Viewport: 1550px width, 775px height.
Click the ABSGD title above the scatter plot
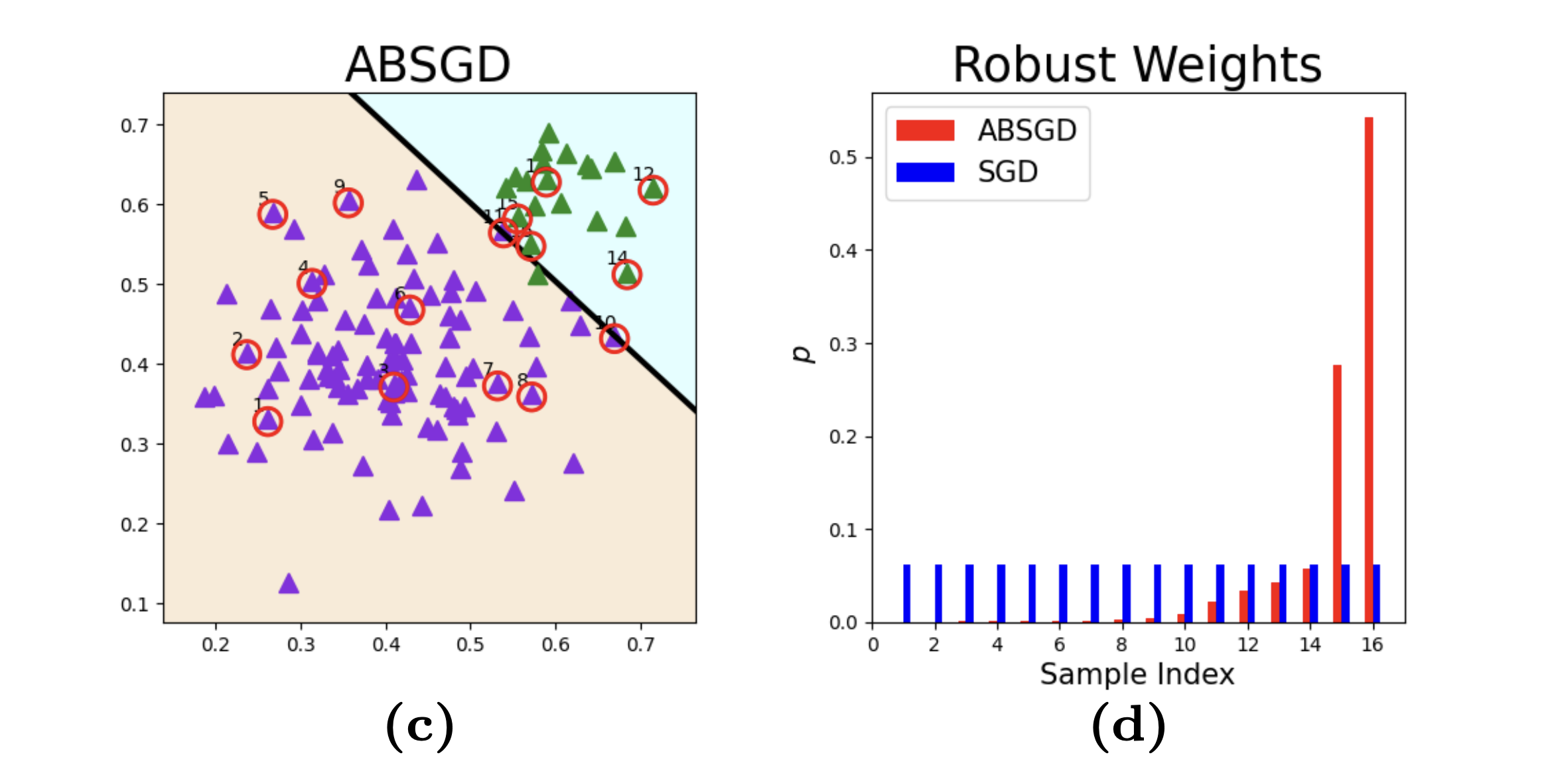coord(428,65)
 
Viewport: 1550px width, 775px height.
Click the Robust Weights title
coord(1137,65)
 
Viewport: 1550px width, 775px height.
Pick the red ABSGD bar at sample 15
coord(1337,494)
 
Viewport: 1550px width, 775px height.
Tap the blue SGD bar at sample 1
coord(907,593)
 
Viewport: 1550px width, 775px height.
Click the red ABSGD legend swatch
coord(925,130)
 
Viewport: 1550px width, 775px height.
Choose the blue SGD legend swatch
coord(925,172)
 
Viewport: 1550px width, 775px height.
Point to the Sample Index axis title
coord(1137,674)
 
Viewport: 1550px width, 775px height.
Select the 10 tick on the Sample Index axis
coord(1185,645)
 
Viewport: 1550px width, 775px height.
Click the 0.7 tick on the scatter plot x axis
coord(640,645)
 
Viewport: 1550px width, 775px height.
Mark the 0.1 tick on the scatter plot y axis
coord(134,604)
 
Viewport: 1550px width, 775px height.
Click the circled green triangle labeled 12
coord(653,190)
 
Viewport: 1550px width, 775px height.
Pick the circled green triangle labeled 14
coord(627,274)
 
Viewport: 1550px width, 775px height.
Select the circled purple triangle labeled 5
coord(273,214)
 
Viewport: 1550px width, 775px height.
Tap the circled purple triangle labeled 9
coord(348,202)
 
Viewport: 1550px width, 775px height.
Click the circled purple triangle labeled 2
coord(247,354)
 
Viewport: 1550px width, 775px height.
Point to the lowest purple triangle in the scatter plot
coord(289,584)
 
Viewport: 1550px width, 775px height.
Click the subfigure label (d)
coord(1129,727)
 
